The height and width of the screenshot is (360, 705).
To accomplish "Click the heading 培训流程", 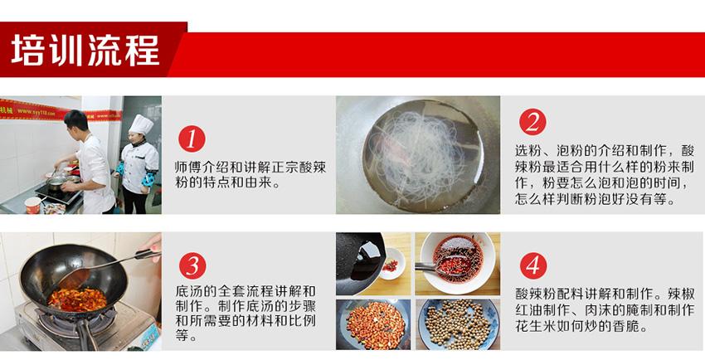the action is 85,51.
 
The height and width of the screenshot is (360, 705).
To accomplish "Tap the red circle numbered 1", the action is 192,139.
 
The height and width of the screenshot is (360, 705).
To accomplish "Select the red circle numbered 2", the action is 532,122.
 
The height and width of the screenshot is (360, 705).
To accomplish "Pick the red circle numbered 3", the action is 192,265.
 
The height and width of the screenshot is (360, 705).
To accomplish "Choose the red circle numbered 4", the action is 533,265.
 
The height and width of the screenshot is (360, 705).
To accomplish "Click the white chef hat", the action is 141,124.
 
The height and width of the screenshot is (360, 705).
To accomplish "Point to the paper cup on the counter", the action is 33,206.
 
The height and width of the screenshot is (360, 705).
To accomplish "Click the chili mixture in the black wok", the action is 77,299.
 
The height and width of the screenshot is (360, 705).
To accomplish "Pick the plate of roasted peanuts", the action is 374,324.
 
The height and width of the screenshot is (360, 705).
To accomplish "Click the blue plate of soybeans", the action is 458,324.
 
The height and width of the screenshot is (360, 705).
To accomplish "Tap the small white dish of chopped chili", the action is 391,265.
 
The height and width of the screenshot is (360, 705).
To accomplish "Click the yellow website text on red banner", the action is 36,112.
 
